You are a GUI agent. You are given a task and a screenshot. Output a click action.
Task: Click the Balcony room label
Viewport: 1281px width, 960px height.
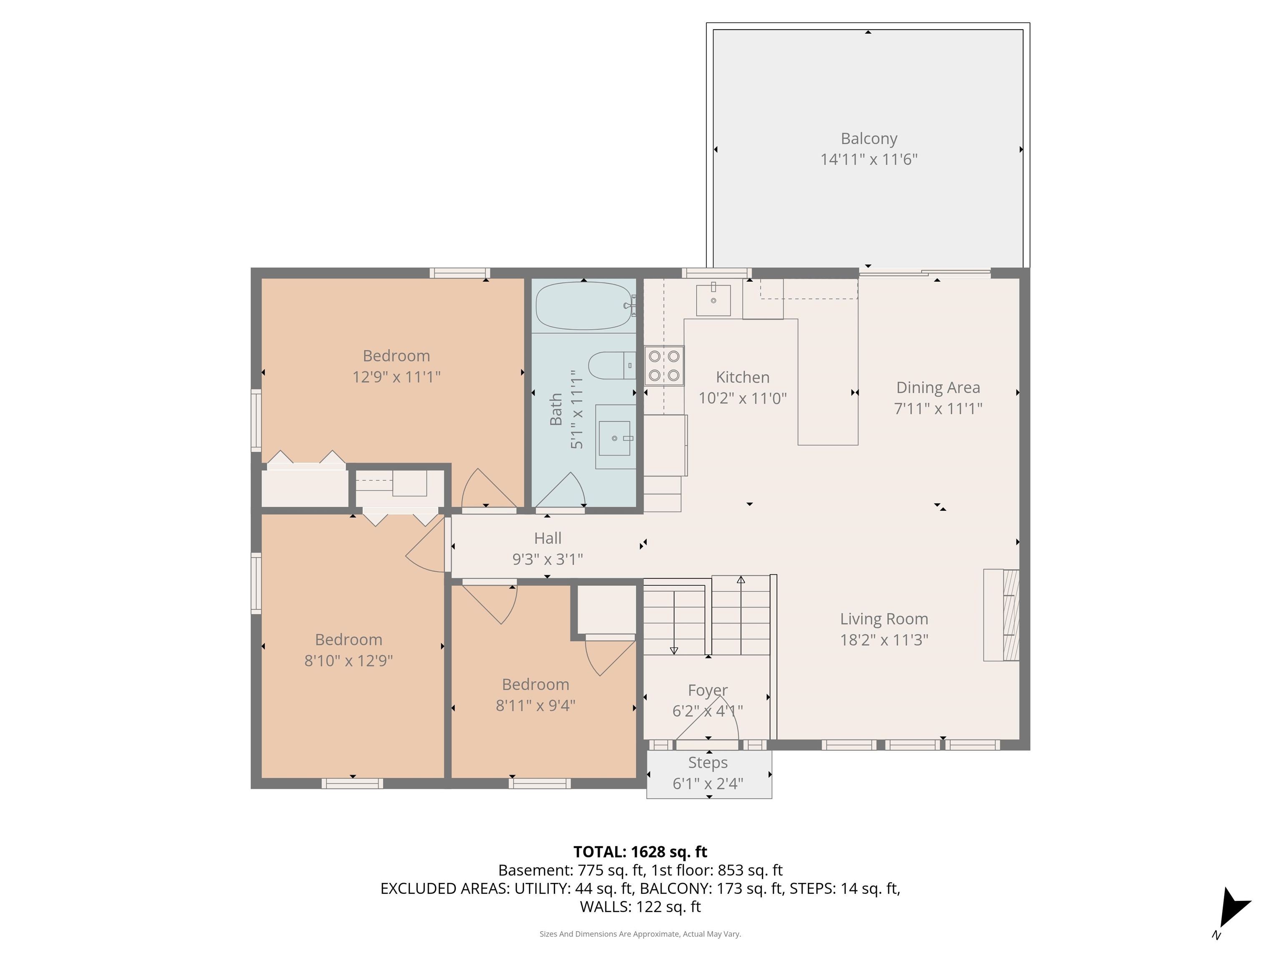(x=869, y=139)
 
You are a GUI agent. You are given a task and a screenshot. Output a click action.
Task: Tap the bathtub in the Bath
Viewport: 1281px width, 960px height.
(x=584, y=305)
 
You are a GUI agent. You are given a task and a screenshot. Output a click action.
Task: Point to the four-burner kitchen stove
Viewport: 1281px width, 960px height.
(x=664, y=366)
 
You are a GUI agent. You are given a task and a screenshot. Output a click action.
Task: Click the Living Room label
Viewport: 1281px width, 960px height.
(x=884, y=619)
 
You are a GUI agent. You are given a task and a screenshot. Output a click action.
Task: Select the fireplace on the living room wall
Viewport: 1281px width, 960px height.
(x=1001, y=615)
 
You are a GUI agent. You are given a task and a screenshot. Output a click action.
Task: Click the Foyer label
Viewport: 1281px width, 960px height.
(x=707, y=690)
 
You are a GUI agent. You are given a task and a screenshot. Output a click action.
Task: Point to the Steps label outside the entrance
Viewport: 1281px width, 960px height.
(x=708, y=762)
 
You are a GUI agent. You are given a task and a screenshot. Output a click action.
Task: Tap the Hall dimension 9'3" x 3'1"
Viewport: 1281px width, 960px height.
(x=547, y=560)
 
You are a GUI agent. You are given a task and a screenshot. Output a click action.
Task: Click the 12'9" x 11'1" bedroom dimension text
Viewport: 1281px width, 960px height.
(x=396, y=377)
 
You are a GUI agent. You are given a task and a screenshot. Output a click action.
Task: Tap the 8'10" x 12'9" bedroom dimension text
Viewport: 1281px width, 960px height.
(x=348, y=661)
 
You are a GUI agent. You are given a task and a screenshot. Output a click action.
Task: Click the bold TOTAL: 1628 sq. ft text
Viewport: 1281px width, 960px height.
(x=640, y=852)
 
